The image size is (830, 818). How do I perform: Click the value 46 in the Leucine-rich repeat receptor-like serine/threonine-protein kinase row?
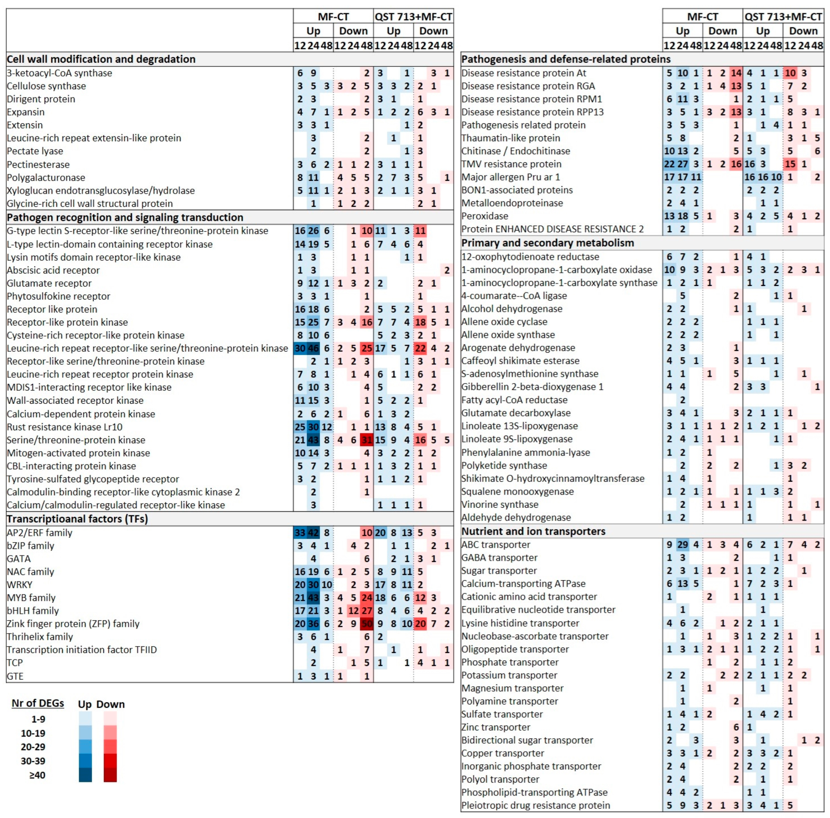coord(313,348)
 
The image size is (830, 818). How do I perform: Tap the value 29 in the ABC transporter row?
coord(683,544)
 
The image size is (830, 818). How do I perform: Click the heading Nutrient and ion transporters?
coord(533,531)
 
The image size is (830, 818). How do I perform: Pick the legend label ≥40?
coord(37,775)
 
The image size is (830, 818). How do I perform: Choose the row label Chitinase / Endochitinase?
coord(516,151)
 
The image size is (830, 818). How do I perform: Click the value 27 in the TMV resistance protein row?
coord(683,164)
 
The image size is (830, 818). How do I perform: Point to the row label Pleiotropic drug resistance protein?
coord(535,805)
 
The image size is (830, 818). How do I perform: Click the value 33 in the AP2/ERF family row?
coord(300,532)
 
